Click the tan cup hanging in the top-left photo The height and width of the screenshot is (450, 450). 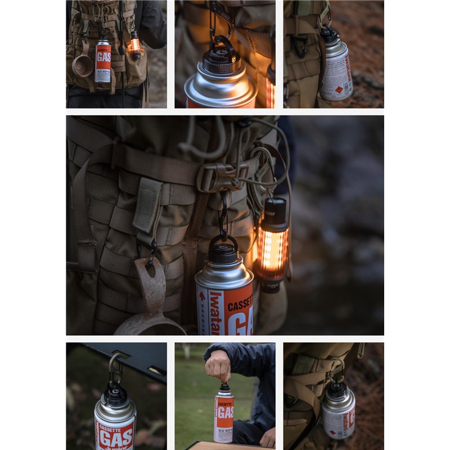(83, 65)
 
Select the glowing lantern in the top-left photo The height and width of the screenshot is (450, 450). (134, 46)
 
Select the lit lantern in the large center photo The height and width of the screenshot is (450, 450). (273, 247)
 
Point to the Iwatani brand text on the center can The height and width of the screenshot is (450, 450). (217, 312)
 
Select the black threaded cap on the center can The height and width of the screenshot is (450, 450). (224, 253)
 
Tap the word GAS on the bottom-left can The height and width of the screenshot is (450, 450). (116, 435)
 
